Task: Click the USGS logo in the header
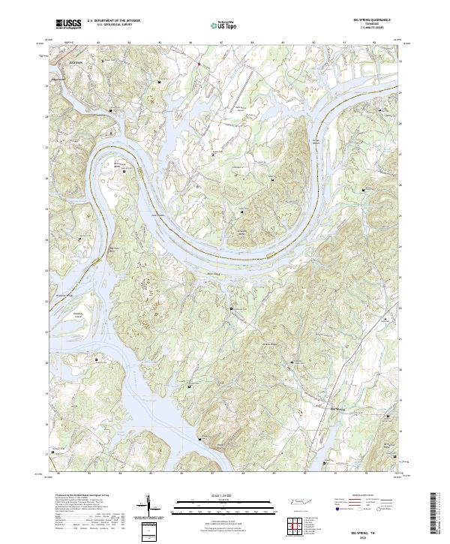coord(68,24)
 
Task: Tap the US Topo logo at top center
coord(225,25)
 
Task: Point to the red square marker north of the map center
coord(199,65)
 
